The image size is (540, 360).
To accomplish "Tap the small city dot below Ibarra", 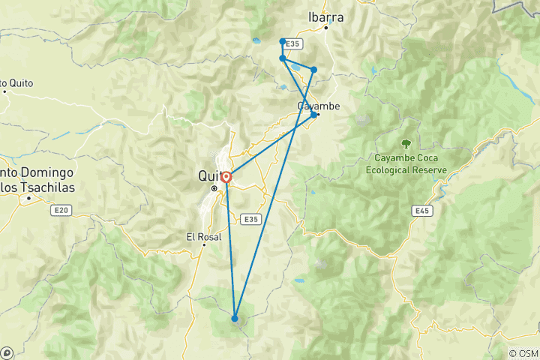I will pos(326,28).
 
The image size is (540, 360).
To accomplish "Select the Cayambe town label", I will pos(318,106).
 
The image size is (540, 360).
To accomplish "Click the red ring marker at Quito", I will pos(226,178).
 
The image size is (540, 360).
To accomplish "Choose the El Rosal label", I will pos(202,236).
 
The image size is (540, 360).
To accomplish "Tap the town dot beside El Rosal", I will pos(202,244).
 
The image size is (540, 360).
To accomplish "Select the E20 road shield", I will pos(62,211).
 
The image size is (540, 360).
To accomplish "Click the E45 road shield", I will pos(423,212).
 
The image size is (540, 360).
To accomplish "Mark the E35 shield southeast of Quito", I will pos(251,219).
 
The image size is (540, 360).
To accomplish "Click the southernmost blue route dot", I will pos(235,319).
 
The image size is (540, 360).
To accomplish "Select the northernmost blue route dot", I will pos(282,41).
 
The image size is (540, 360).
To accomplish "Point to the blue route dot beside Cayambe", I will pos(313,115).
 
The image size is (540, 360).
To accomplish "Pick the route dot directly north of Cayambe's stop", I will pos(313,70).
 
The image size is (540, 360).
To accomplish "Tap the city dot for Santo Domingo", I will pos(28,199).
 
